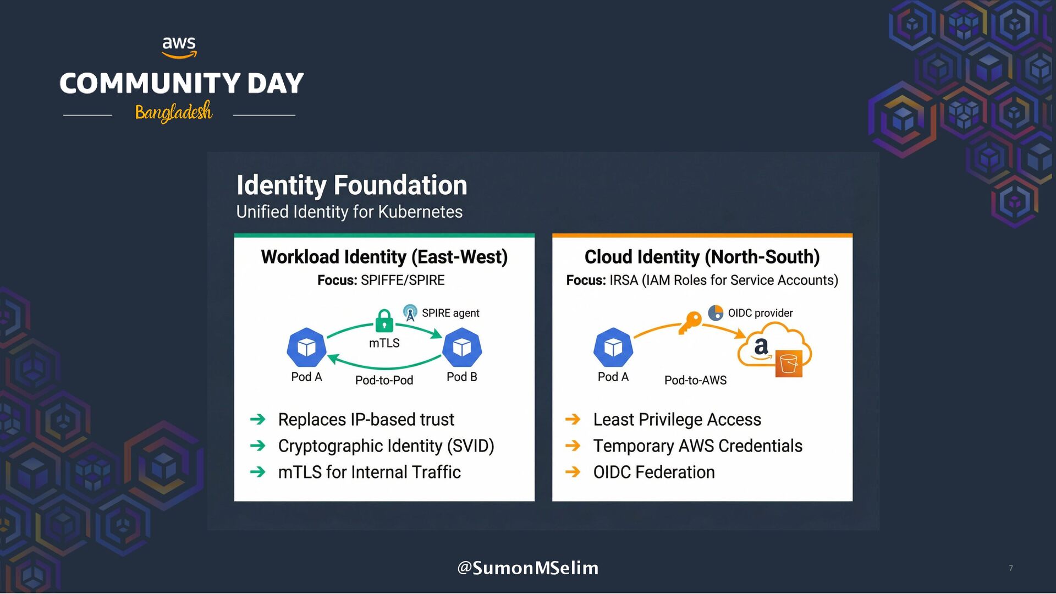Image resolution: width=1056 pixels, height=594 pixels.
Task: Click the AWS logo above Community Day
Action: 179,47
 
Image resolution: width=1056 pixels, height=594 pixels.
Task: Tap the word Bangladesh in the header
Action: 173,112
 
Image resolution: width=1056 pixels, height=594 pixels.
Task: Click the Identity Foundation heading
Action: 351,185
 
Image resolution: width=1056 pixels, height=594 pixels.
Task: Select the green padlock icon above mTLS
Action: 384,321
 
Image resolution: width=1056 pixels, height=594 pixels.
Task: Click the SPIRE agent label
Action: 450,313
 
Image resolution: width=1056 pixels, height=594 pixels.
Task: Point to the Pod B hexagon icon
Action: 461,348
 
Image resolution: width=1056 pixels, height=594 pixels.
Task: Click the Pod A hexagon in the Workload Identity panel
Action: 306,348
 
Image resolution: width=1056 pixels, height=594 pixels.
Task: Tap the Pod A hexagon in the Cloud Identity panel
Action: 613,348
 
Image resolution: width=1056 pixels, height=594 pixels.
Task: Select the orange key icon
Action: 690,322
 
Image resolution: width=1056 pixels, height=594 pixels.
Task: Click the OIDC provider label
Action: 760,313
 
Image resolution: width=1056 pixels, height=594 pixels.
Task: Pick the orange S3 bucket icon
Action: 789,364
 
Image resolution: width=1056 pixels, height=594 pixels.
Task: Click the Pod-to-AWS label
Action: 695,380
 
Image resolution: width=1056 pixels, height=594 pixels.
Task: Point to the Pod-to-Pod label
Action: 384,380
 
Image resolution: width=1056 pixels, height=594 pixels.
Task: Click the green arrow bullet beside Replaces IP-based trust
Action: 257,420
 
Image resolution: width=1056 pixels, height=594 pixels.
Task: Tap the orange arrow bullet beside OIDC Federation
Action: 573,472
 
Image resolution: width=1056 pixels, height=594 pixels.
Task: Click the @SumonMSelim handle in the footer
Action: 527,568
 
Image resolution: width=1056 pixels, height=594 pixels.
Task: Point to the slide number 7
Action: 1010,568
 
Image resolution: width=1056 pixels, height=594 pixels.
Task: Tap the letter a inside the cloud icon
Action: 761,346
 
